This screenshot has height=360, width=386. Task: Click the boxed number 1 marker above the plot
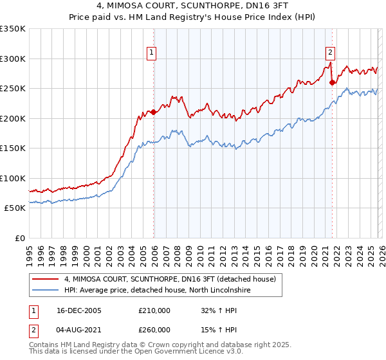pyautogui.click(x=151, y=53)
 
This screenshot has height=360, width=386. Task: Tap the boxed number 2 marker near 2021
pyautogui.click(x=330, y=53)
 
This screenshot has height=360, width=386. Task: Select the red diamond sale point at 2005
pyautogui.click(x=154, y=113)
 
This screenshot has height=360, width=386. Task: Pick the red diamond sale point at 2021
pyautogui.click(x=333, y=82)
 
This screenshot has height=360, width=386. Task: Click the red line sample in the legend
pyautogui.click(x=46, y=279)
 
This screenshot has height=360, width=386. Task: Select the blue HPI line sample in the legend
pyautogui.click(x=46, y=291)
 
